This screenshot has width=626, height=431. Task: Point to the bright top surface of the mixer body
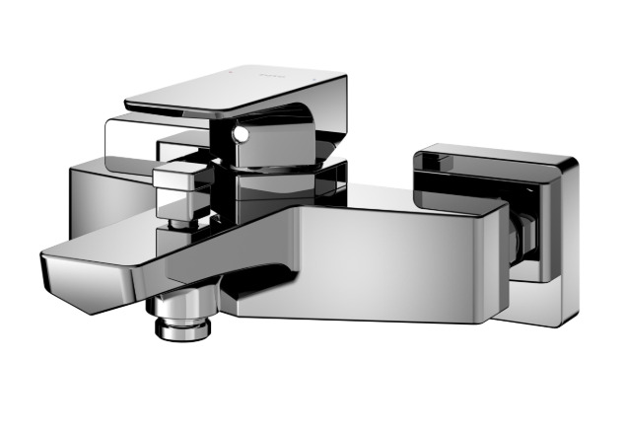click(x=394, y=197)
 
